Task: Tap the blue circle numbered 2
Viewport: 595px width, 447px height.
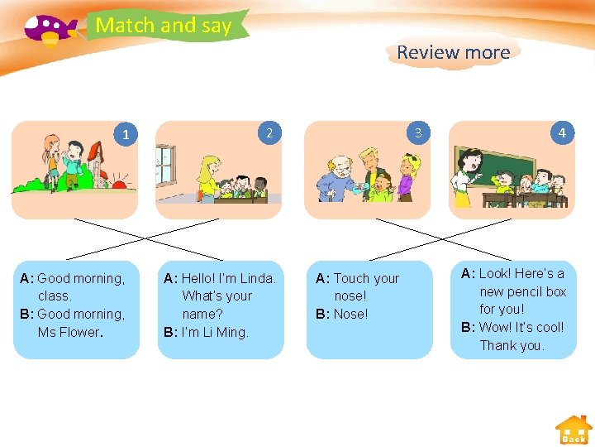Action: tap(269, 132)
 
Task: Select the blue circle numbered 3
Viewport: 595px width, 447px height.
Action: tap(418, 132)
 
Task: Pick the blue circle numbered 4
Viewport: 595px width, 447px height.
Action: tap(562, 132)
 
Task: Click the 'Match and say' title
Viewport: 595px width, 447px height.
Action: tap(164, 26)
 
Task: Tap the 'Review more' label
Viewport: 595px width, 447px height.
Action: tap(453, 52)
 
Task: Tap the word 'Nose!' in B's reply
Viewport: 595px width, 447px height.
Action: tap(351, 314)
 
